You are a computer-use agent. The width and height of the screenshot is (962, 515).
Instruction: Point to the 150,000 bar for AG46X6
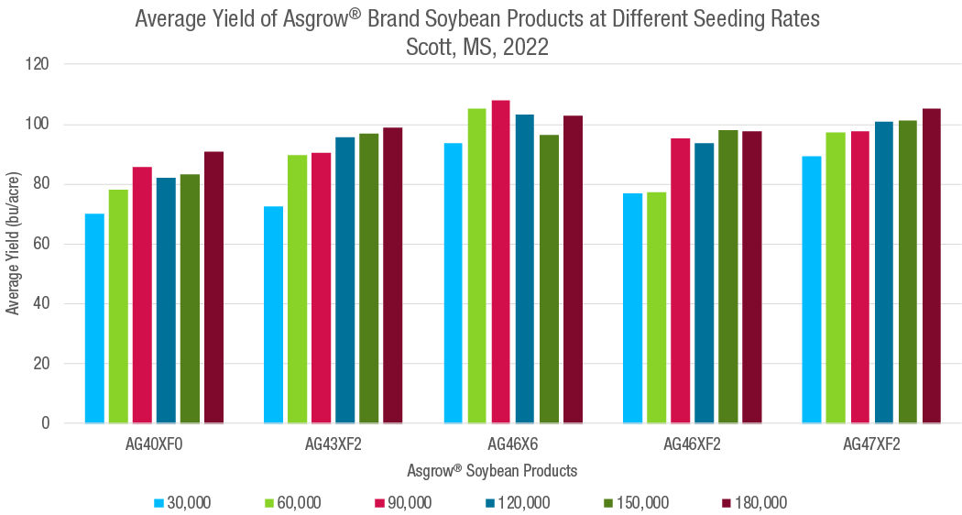548,279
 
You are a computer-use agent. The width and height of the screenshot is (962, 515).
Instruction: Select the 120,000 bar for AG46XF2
704,283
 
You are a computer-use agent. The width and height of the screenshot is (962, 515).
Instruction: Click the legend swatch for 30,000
159,502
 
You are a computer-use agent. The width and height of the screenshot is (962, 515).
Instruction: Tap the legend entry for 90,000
403,502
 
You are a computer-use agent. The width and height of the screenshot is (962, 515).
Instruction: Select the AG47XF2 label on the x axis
871,446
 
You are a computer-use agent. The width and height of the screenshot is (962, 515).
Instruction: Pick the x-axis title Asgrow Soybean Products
493,471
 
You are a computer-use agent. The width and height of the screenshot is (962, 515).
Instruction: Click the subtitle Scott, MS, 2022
477,48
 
